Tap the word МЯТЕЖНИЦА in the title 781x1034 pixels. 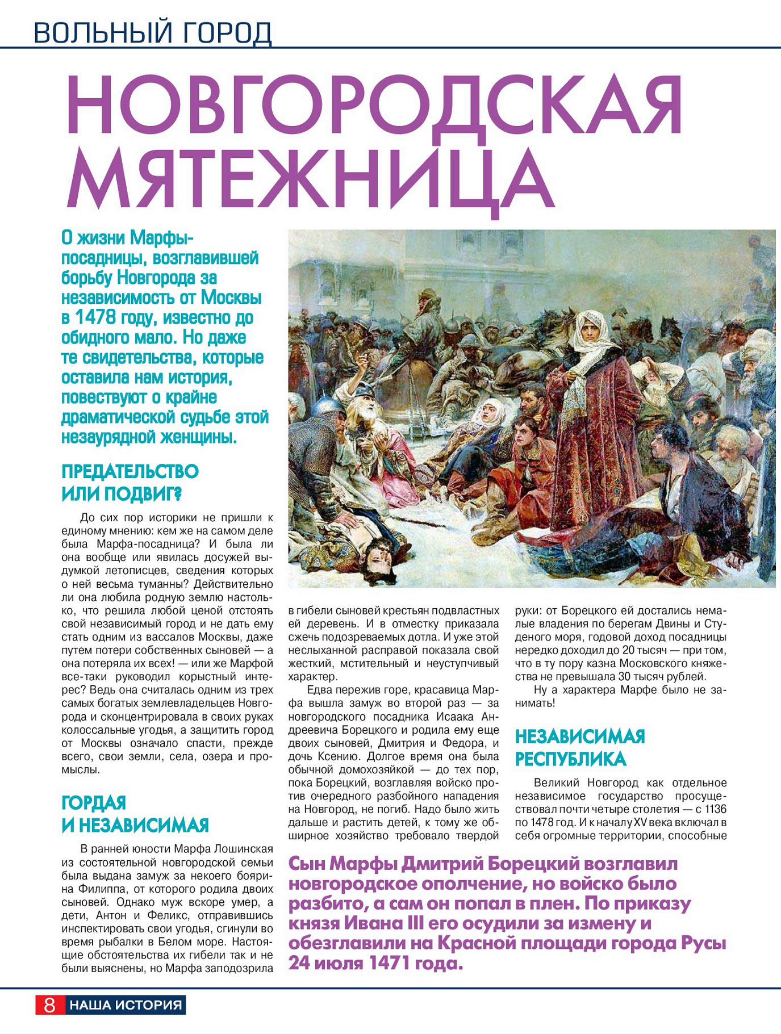[310, 179]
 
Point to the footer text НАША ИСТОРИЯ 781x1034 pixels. [126, 1004]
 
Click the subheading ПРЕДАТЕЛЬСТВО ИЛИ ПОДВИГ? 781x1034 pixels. [130, 483]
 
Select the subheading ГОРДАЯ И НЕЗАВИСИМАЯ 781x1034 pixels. [135, 813]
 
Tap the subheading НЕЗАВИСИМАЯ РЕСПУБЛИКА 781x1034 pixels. [579, 747]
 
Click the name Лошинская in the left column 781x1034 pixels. [243, 849]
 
